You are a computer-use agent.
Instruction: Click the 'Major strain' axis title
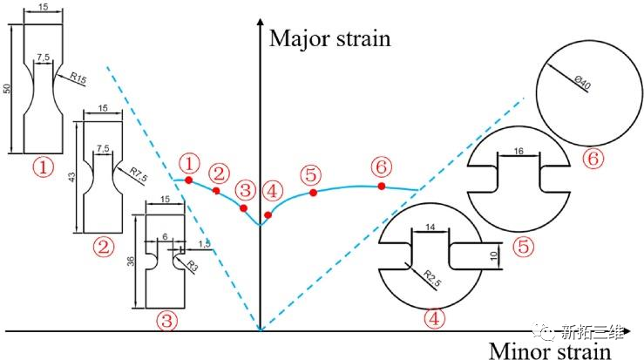tap(329, 38)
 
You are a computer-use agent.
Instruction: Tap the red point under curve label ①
tap(188, 180)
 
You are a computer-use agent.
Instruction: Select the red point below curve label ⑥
tap(382, 187)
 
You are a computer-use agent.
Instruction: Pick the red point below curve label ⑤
tap(314, 191)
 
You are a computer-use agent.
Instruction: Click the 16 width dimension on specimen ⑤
tap(519, 152)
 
